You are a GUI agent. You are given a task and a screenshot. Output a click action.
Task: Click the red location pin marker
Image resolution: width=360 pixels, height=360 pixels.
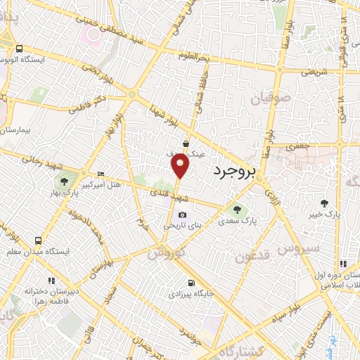(x=181, y=165)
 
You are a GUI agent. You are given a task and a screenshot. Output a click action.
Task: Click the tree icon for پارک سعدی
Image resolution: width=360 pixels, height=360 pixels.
(x=236, y=208)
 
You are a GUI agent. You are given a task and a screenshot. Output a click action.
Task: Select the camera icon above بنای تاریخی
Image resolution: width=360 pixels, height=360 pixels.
(x=183, y=215)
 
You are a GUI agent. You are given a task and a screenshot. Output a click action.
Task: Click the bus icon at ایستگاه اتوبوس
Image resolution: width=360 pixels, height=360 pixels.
(x=18, y=49)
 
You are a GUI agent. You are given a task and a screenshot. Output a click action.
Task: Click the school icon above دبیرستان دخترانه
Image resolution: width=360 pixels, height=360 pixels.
(x=30, y=278)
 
